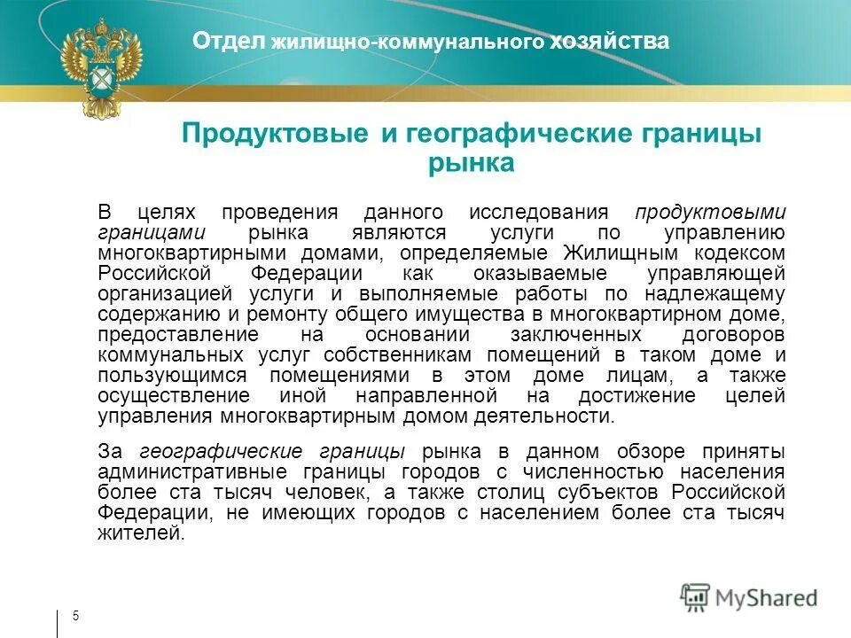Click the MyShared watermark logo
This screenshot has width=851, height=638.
[749, 596]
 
